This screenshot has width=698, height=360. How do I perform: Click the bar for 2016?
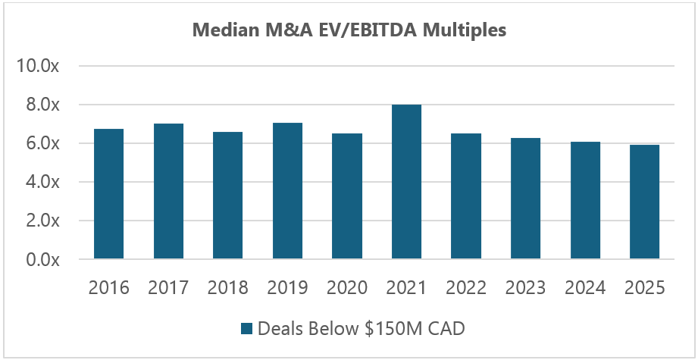(x=109, y=194)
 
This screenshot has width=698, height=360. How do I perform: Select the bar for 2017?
(x=168, y=192)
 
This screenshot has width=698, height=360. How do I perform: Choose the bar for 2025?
(x=643, y=202)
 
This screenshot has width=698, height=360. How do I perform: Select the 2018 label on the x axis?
(x=227, y=288)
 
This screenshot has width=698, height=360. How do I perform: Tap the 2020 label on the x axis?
(x=346, y=288)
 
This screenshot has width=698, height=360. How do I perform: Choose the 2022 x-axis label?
(x=465, y=288)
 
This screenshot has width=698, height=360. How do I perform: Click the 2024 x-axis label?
(x=584, y=288)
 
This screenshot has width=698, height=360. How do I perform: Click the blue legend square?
(x=246, y=329)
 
